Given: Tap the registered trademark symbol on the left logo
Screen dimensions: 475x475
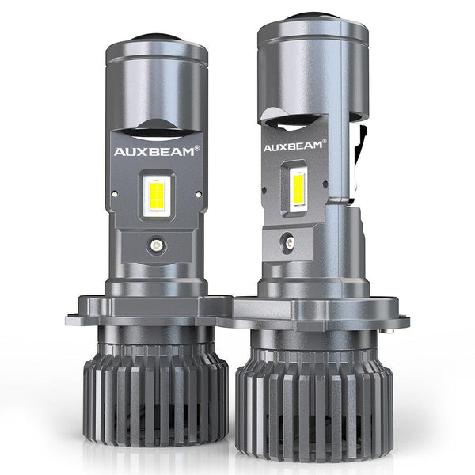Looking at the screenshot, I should pos(199,146).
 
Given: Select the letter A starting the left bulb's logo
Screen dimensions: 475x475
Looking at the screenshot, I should pos(122,150).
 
